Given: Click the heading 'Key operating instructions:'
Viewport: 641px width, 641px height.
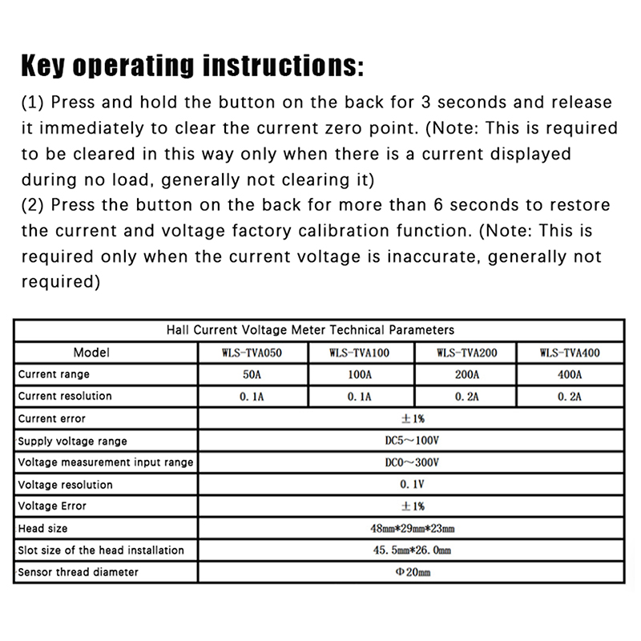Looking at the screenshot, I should (x=191, y=66).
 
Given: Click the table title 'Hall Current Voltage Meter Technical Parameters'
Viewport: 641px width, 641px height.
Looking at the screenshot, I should (x=309, y=329).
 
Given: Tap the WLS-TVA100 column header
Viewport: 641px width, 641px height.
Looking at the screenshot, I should (x=360, y=353).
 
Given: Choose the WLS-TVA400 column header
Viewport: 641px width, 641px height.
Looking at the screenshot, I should (x=570, y=353).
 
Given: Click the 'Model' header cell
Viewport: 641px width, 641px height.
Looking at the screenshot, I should (x=91, y=353).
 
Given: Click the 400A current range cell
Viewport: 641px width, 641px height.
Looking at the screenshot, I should (x=570, y=374).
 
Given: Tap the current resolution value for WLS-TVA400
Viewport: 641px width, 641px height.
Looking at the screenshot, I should (x=570, y=396).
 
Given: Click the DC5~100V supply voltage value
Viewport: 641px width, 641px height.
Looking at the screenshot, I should (x=412, y=440).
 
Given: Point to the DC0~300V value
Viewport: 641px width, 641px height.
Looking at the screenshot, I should (x=412, y=462).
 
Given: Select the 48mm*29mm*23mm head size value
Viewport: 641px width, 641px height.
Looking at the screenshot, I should (x=412, y=528).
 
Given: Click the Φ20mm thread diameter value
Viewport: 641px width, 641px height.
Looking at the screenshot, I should (x=412, y=572).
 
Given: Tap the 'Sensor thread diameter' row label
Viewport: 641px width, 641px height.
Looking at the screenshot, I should (x=78, y=572).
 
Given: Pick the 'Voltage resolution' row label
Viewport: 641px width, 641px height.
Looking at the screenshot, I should (x=65, y=484).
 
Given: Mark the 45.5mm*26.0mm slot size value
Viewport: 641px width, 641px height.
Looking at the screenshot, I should (x=412, y=550).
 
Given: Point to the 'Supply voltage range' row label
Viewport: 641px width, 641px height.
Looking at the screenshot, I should (x=72, y=441).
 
